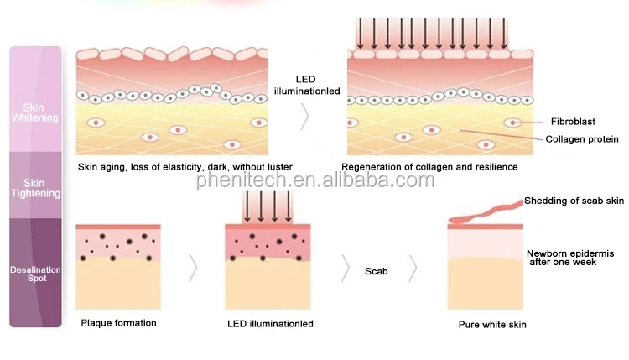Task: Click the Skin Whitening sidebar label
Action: (x=35, y=112)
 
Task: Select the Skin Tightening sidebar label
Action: (x=35, y=187)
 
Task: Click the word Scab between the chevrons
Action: (x=377, y=271)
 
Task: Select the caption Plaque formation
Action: (x=118, y=322)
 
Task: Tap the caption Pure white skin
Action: (x=492, y=324)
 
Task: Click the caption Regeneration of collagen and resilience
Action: (x=429, y=167)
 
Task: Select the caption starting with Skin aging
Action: (x=185, y=167)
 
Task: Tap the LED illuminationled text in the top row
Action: (x=305, y=84)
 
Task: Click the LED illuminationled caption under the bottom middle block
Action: (x=270, y=323)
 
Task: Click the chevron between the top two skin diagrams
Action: (x=305, y=117)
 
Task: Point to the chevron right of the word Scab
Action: (x=413, y=269)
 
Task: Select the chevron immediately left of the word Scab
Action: (x=344, y=269)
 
